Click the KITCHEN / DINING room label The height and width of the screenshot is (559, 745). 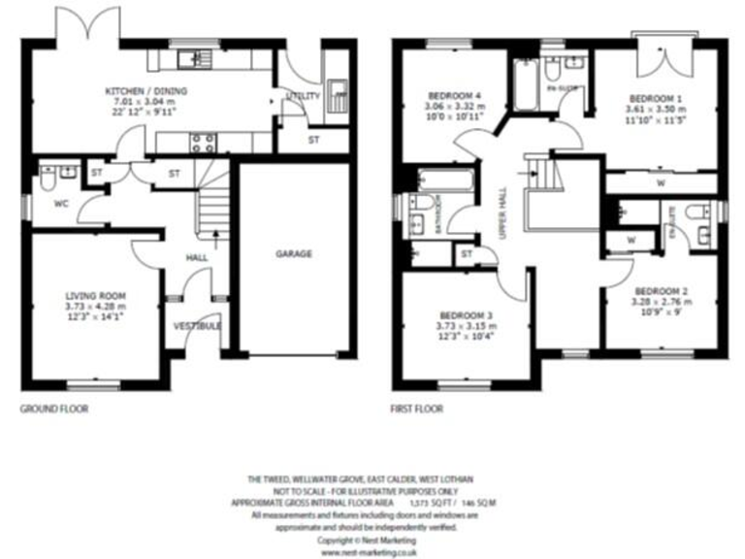tap(146, 92)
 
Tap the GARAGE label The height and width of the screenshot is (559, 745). tap(293, 254)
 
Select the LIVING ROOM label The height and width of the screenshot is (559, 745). tap(95, 295)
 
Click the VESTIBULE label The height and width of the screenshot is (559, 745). tap(198, 326)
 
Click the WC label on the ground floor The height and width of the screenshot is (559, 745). tap(60, 204)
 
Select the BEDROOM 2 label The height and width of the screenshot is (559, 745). tap(661, 291)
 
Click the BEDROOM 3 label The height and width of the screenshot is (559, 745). tap(466, 315)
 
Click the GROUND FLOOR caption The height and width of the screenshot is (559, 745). tap(54, 410)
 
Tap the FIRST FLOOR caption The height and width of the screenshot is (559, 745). tap(417, 410)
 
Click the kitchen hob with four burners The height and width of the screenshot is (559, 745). tap(203, 143)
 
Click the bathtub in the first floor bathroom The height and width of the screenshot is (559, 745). tap(446, 181)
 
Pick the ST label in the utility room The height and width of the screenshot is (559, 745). tap(313, 141)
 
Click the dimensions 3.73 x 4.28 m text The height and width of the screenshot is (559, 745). tap(95, 307)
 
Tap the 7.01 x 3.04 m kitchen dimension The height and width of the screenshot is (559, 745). tap(146, 102)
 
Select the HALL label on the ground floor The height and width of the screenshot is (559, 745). tap(198, 258)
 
